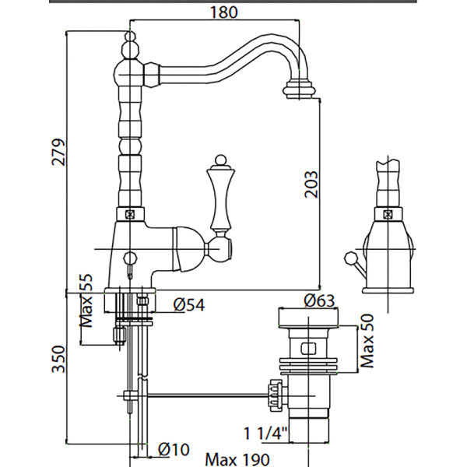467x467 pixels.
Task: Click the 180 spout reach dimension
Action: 223,12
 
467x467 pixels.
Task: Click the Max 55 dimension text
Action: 87,301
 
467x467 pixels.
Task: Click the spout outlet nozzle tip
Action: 301,87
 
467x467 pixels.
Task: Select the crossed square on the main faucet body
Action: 129,212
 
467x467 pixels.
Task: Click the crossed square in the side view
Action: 386,213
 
